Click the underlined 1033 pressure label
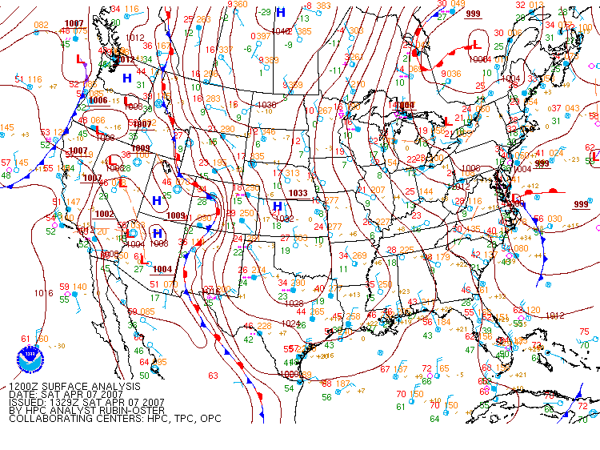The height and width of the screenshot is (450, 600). (298, 193)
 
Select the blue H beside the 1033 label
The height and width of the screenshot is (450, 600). (277, 207)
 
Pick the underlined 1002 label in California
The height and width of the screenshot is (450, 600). (104, 214)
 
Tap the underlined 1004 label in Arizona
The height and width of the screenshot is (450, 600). (162, 269)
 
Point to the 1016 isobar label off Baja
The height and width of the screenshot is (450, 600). (44, 293)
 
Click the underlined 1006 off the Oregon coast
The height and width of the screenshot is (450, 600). (98, 100)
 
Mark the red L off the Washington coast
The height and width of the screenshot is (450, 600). (79, 60)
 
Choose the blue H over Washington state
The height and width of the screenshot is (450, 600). (126, 78)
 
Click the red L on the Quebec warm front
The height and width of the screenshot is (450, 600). (477, 44)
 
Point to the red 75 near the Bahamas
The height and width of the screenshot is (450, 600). (584, 331)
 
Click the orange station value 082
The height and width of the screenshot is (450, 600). (41, 25)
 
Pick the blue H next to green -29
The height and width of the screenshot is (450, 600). (280, 13)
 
